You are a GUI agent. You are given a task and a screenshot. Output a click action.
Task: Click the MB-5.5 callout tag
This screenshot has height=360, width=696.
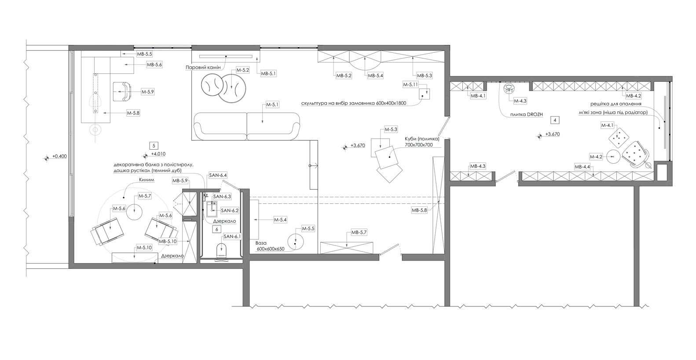[144, 54]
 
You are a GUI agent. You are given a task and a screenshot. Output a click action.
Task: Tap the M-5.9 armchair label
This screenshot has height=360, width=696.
[147, 92]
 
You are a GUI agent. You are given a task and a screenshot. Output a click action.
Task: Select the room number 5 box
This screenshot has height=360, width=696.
[154, 146]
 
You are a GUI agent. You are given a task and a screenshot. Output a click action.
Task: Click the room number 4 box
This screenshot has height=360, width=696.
[555, 120]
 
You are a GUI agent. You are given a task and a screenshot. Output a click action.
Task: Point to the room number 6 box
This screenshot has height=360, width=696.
[216, 229]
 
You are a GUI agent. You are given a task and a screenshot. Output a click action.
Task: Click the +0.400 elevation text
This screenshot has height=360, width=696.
[59, 156]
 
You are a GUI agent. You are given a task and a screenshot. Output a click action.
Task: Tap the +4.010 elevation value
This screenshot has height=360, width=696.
[158, 154]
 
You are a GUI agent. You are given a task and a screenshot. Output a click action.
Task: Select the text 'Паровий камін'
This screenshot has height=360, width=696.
[203, 67]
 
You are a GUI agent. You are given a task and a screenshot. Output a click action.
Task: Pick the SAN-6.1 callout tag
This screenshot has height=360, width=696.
[232, 237]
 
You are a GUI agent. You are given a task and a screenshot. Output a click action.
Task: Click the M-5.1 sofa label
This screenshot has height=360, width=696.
[272, 105]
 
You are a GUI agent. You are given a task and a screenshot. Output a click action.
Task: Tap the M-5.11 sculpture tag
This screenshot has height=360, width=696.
[410, 84]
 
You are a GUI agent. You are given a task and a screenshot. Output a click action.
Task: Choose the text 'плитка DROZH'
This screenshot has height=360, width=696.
[526, 114]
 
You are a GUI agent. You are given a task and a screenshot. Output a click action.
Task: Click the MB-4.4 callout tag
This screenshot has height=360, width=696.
[582, 167]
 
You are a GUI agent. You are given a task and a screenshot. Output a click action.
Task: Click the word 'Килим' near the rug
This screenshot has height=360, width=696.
[147, 180]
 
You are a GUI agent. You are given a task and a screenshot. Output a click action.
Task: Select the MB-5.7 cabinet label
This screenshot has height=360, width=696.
[359, 232]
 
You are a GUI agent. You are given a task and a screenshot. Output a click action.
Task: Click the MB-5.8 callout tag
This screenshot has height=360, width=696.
[419, 210]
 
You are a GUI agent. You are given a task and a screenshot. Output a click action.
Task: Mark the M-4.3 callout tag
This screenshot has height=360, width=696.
[520, 101]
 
